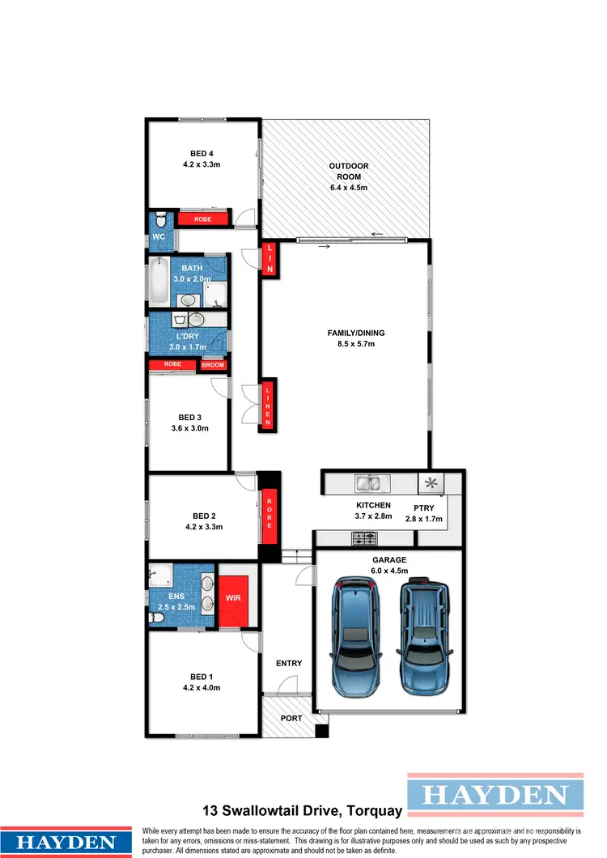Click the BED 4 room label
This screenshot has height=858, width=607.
(x=202, y=153)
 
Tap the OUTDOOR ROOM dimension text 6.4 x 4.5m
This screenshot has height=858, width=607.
(x=348, y=187)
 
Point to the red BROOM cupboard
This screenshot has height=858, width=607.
(x=213, y=365)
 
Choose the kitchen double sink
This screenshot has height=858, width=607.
(x=372, y=484)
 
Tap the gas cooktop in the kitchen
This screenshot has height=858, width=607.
(x=363, y=537)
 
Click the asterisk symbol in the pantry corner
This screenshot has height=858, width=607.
(x=431, y=484)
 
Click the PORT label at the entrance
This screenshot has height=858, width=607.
(x=291, y=718)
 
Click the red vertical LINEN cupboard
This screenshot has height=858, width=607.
(x=269, y=405)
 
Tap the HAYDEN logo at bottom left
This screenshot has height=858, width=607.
(x=66, y=842)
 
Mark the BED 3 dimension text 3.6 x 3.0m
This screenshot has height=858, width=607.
(x=189, y=428)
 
